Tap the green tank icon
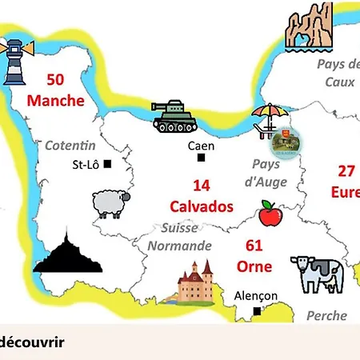coord(174,117)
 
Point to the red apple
coord(268,214)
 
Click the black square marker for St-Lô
coord(107,165)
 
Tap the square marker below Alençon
coord(256,310)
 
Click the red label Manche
coord(55,100)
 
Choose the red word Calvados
coord(202,206)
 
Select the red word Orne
coord(254,266)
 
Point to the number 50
coord(55,80)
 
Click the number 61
coord(254,245)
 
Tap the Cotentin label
coord(70,146)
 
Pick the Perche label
coord(326,316)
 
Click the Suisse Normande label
coord(180,238)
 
